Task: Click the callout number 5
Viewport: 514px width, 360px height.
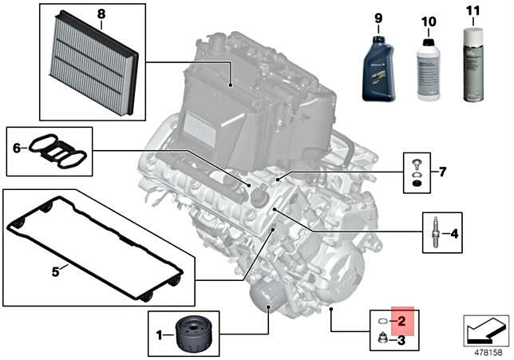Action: (55, 271)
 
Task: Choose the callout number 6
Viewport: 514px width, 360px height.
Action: (16, 148)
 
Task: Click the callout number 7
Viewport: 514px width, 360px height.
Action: (444, 172)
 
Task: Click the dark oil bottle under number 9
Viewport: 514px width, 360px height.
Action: (378, 71)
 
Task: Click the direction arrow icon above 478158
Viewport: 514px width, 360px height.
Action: (485, 328)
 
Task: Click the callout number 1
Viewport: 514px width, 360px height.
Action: (159, 333)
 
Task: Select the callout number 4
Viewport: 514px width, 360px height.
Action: (454, 234)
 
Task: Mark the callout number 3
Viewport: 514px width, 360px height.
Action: (401, 341)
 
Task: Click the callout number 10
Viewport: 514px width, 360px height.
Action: (429, 20)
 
